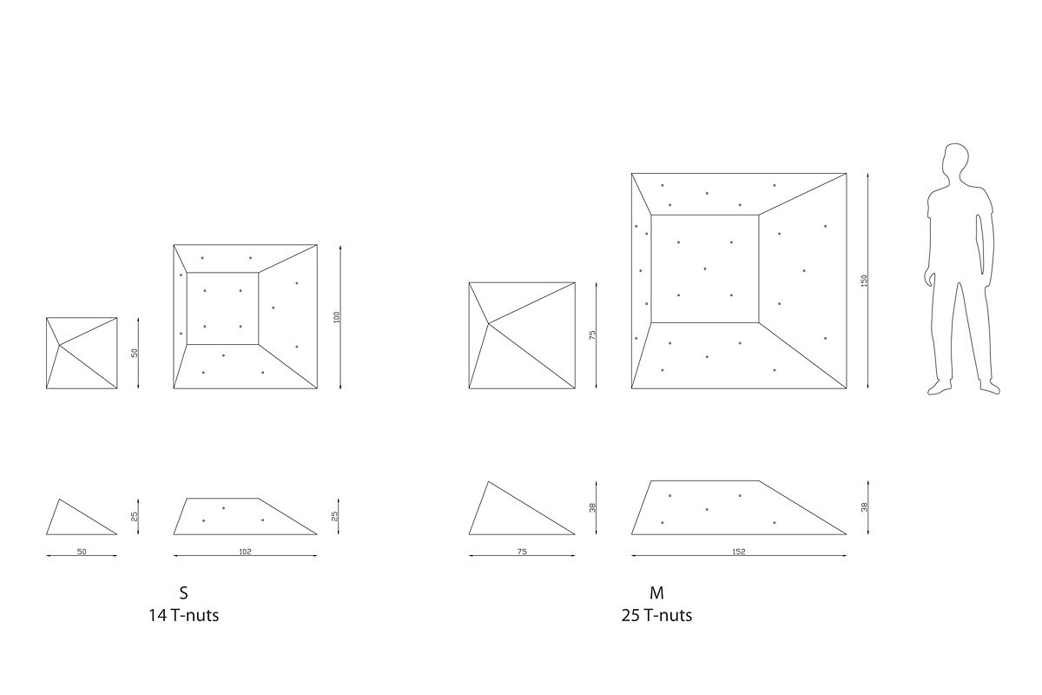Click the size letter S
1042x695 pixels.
point(184,593)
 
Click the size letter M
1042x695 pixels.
point(656,593)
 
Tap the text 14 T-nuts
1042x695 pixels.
point(184,615)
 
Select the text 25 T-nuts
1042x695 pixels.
point(656,615)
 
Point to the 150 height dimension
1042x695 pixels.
point(864,281)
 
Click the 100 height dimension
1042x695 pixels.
point(337,317)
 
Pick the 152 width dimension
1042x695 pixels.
point(739,552)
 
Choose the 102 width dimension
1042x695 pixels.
point(245,552)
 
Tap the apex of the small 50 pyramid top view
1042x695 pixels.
point(60,345)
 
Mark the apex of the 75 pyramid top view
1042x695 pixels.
point(488,322)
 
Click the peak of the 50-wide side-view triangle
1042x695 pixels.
point(60,500)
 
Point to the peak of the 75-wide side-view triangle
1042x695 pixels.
point(488,482)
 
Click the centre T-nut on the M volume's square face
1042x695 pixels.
point(705,268)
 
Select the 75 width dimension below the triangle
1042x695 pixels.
point(522,552)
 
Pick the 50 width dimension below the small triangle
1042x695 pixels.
point(82,552)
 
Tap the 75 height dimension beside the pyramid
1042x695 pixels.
point(592,335)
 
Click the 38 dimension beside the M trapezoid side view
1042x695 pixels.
point(864,507)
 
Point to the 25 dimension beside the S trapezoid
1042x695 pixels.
point(335,516)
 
